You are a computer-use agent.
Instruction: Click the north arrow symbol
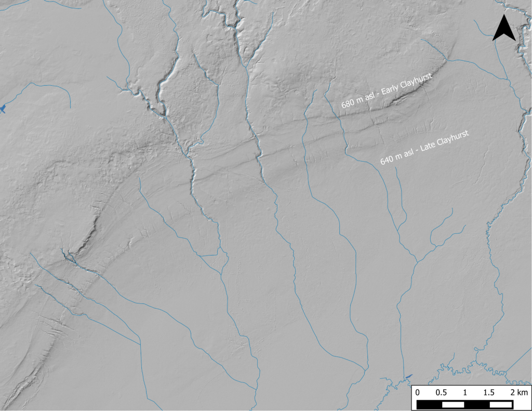coord(503,29)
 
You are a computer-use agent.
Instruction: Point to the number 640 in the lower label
coord(387,160)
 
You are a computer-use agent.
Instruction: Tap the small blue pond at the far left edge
coord(3,108)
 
